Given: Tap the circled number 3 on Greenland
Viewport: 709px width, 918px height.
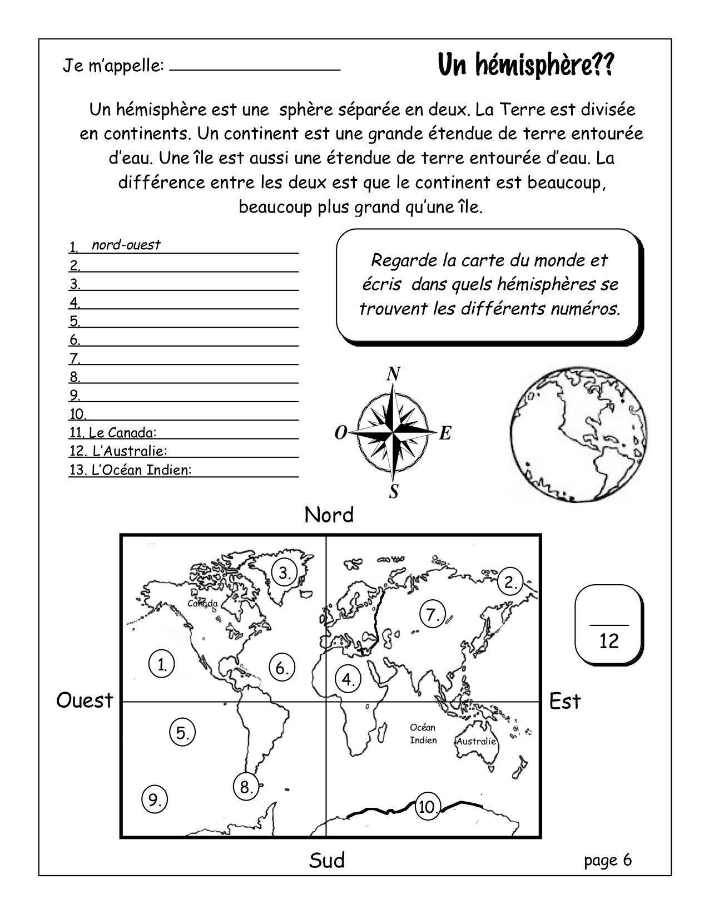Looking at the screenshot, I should click(x=285, y=572).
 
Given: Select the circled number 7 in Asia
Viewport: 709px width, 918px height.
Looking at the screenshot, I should click(x=433, y=614).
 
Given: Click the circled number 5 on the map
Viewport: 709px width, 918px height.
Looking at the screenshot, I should click(x=182, y=733).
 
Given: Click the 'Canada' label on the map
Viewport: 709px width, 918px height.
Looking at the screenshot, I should click(x=202, y=604).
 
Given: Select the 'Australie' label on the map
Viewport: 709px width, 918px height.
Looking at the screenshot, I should click(x=476, y=742).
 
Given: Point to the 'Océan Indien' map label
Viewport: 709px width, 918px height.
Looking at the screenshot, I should click(x=423, y=734).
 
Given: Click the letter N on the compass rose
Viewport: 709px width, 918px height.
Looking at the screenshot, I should click(x=394, y=374).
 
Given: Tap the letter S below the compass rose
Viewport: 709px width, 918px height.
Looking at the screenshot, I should click(x=394, y=492).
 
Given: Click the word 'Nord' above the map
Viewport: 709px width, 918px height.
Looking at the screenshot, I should click(x=329, y=515).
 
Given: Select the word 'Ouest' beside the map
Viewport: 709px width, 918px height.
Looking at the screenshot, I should click(x=85, y=701).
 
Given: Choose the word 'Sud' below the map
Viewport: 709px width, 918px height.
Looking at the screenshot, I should click(x=327, y=860).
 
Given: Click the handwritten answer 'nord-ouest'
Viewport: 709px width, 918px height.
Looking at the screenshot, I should click(x=126, y=245).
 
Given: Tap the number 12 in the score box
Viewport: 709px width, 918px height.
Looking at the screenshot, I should click(x=609, y=641).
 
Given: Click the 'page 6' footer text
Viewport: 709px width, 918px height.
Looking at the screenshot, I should click(x=608, y=860).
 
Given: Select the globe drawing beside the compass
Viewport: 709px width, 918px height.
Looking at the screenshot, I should click(x=579, y=435).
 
